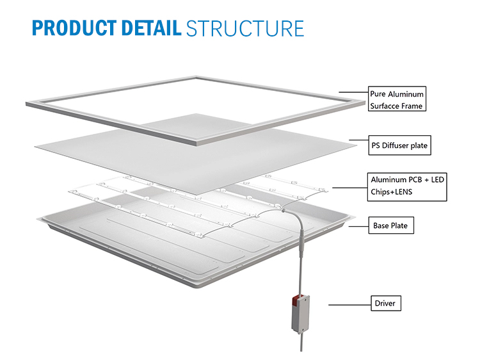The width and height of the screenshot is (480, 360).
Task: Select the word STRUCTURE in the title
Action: [244, 28]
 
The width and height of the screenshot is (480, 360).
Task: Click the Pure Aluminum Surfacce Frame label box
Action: [396, 99]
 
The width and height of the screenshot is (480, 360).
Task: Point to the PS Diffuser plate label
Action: [399, 146]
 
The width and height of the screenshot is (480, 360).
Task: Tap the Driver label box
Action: [385, 303]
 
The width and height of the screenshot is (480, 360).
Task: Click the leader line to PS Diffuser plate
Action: [358, 142]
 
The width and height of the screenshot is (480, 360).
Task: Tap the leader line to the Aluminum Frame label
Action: [353, 94]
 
